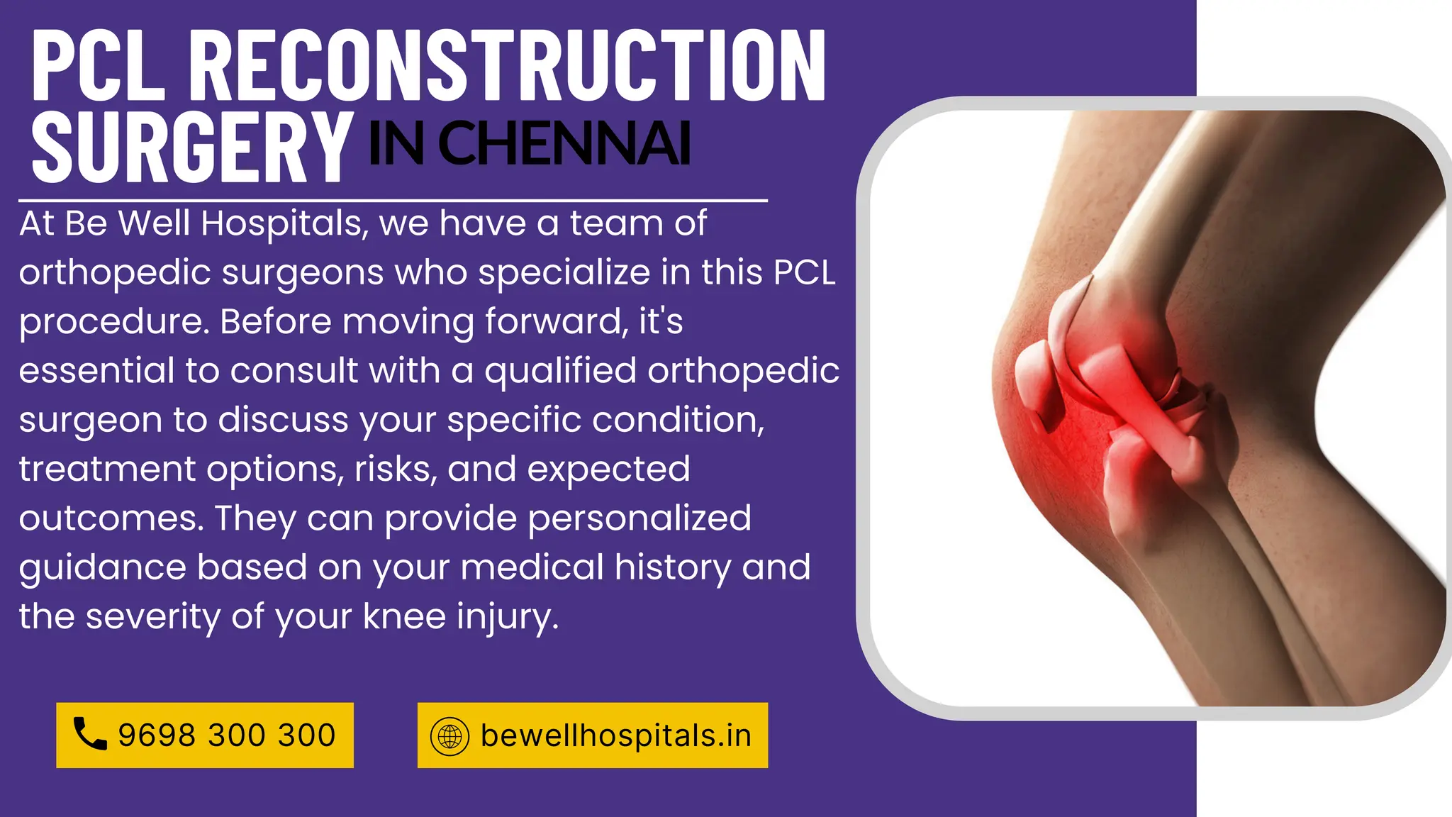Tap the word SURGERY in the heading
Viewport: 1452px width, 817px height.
(x=192, y=148)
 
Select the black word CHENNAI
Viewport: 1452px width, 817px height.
(x=564, y=143)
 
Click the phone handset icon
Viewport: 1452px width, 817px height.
(x=90, y=734)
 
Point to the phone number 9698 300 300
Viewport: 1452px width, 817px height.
(x=227, y=735)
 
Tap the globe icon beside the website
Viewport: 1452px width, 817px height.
(x=449, y=735)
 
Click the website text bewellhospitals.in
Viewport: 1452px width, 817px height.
(x=615, y=735)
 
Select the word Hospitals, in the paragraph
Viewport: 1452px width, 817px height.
(x=284, y=224)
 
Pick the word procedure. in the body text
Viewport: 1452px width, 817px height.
(x=114, y=323)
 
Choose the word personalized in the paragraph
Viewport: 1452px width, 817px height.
(x=639, y=518)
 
